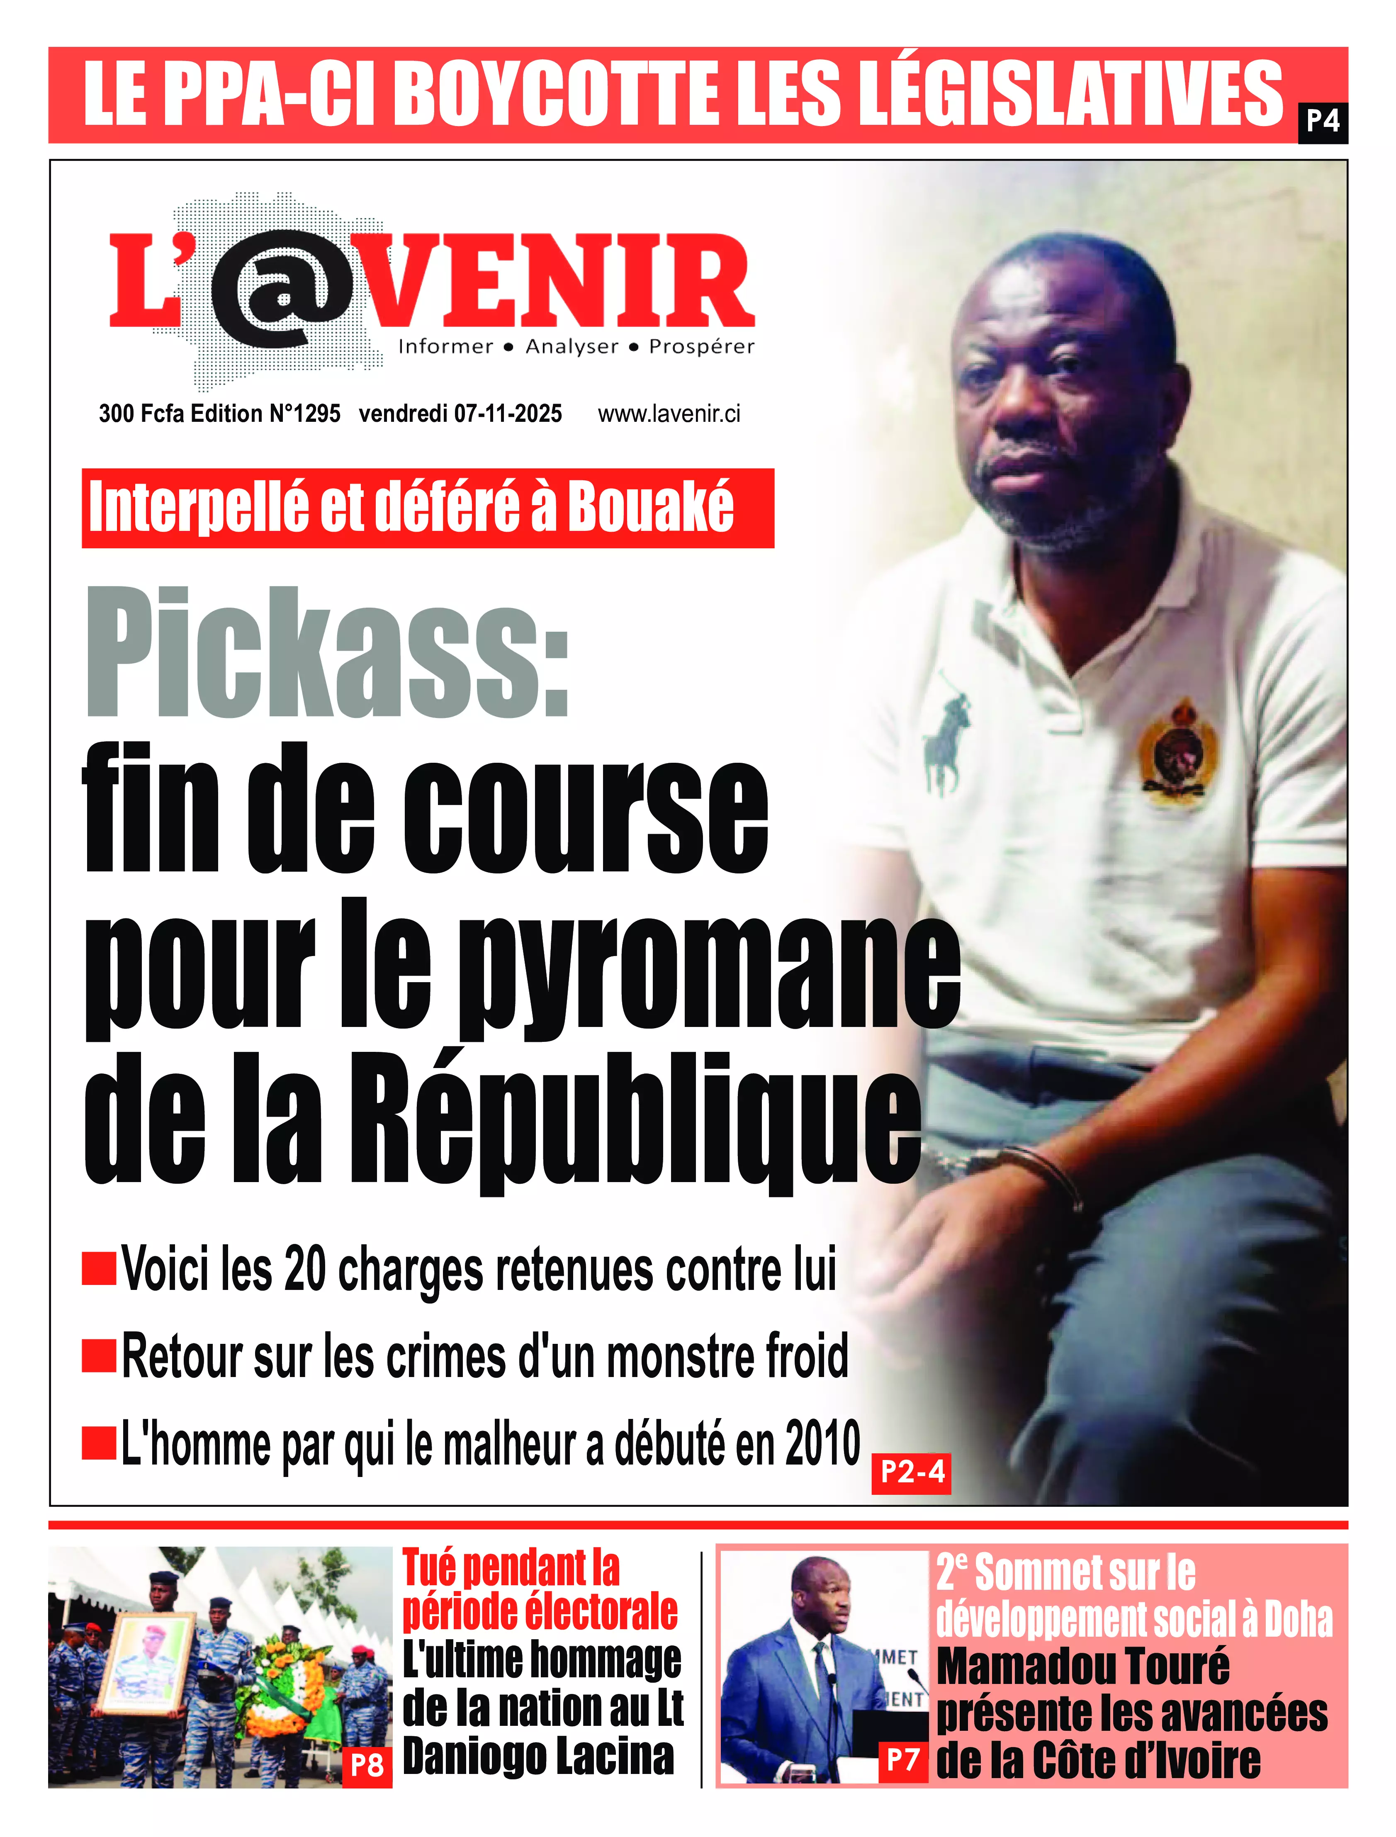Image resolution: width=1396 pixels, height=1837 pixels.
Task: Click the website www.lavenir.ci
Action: pos(669,414)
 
